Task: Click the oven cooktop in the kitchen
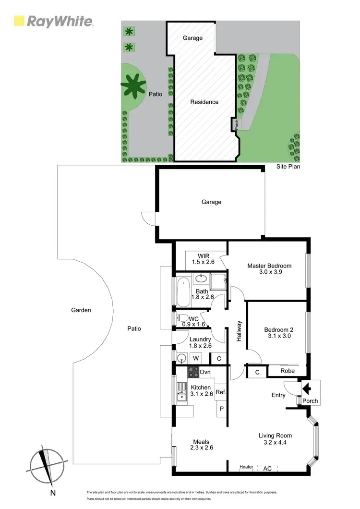[x=193, y=372]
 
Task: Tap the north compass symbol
[x=47, y=464]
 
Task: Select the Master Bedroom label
[x=269, y=266]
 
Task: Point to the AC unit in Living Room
[x=267, y=467]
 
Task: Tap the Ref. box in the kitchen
[x=220, y=392]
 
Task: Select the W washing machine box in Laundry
[x=196, y=358]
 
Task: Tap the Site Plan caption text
[x=288, y=166]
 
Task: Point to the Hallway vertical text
[x=239, y=331]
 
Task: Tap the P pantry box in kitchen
[x=221, y=409]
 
